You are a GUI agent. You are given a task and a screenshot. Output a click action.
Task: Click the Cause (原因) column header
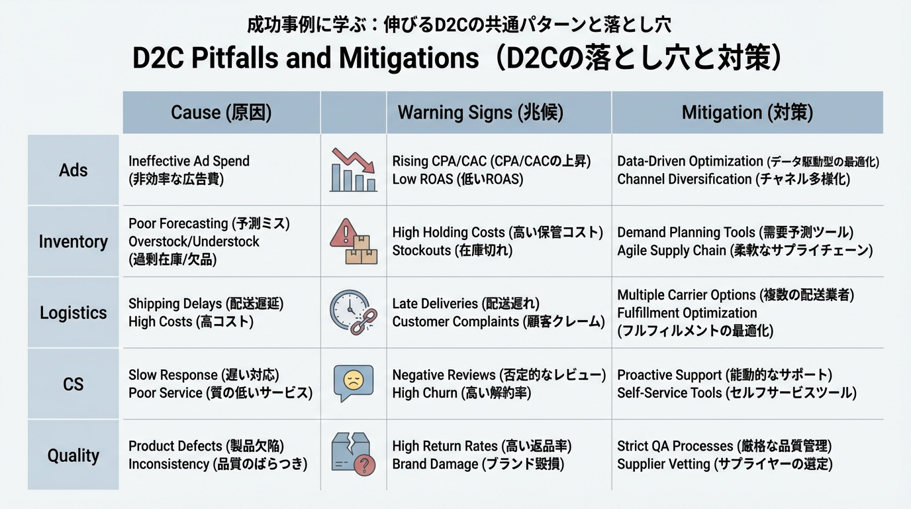pyautogui.click(x=221, y=113)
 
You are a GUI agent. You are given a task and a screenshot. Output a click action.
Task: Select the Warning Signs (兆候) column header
pyautogui.click(x=480, y=113)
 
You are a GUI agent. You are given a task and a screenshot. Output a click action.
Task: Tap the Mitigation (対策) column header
pyautogui.click(x=747, y=113)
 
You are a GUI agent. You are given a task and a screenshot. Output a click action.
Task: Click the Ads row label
pyautogui.click(x=73, y=170)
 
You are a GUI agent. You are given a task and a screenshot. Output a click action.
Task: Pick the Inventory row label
pyautogui.click(x=73, y=242)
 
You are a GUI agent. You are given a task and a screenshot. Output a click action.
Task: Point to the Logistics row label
pyautogui.click(x=73, y=313)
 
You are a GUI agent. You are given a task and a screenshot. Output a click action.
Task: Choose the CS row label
pyautogui.click(x=73, y=384)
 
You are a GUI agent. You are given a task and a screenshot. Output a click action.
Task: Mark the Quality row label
pyautogui.click(x=73, y=456)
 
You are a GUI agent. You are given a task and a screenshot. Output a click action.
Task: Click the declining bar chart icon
pyautogui.click(x=354, y=170)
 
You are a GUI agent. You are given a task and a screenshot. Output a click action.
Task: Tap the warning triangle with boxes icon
pyautogui.click(x=354, y=242)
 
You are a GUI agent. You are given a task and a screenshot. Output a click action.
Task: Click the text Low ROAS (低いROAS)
pyautogui.click(x=457, y=180)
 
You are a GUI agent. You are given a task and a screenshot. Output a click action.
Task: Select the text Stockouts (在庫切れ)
pyautogui.click(x=452, y=251)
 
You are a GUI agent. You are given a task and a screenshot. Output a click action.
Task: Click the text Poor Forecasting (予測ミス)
pyautogui.click(x=209, y=224)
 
